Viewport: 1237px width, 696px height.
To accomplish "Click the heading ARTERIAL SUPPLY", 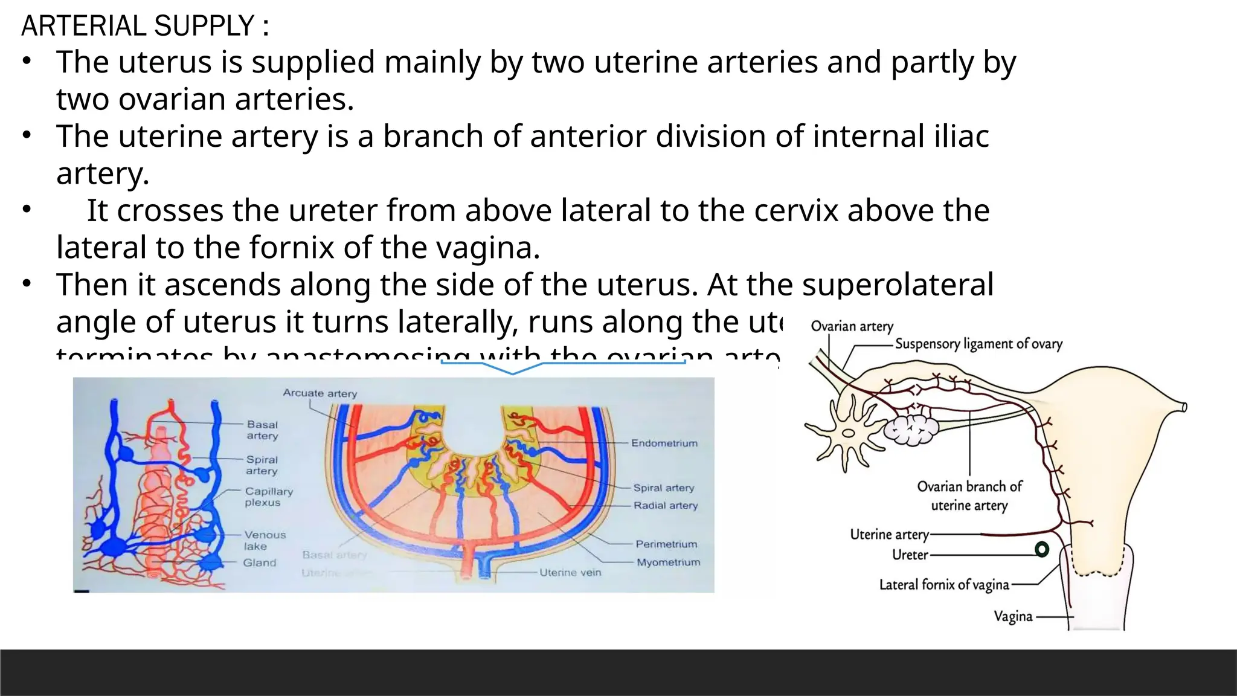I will pos(145,26).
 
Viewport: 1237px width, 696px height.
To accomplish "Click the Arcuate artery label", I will pos(320,393).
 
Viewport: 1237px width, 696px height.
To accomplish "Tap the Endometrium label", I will pos(664,443).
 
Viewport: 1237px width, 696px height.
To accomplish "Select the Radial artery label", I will pos(666,506).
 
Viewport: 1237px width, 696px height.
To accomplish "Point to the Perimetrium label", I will pos(666,544).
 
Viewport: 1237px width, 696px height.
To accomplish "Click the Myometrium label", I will pos(669,562).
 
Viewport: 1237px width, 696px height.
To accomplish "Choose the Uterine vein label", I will pos(570,573).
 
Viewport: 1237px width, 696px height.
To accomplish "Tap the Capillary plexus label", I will pos(269,497).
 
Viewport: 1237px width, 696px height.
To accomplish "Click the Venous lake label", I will pos(265,540).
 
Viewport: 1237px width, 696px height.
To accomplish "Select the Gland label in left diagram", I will pos(260,563).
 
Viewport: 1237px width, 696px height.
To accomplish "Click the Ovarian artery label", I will pos(852,327).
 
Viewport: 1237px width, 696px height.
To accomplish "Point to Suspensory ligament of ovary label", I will pos(978,344).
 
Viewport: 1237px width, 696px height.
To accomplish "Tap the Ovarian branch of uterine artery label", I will pos(969,496).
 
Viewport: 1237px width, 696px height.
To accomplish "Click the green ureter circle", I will pos(1042,549).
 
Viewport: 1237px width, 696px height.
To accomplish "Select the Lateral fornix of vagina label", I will pos(944,585).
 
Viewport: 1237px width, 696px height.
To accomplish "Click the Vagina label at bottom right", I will pos(1013,617).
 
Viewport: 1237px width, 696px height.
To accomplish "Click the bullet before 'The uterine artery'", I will pos(27,135).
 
